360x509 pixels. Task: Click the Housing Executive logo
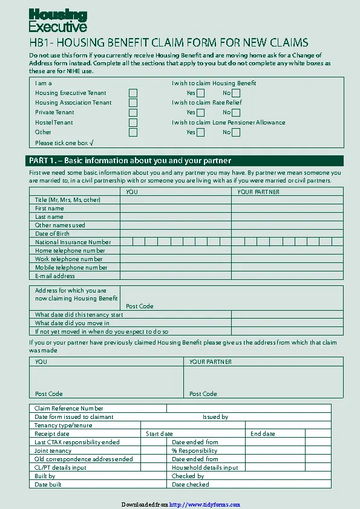58,21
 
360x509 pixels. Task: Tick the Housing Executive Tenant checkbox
133,93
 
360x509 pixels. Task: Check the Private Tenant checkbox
133,112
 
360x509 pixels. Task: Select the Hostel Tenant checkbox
133,123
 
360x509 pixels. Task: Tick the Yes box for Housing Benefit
200,93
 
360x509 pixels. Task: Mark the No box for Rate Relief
236,112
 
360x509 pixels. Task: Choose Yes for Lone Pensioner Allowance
200,132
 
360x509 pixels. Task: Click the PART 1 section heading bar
186,161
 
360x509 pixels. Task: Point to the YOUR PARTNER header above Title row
258,192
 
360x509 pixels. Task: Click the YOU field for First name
175,209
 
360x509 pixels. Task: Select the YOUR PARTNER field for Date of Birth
287,234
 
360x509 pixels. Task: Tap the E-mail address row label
55,276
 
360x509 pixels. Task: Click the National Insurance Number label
73,242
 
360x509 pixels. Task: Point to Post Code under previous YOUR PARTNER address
203,394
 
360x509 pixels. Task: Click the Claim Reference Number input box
248,409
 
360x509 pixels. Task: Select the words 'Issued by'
215,417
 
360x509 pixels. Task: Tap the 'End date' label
263,434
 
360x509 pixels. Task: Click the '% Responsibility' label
194,451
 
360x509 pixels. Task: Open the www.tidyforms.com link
205,505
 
